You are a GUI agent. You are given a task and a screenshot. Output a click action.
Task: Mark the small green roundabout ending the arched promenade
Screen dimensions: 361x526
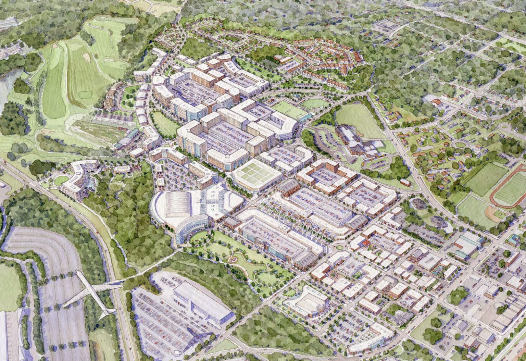point(339,247)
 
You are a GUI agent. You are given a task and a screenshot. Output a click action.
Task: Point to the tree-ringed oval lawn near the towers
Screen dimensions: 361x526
point(163,124)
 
